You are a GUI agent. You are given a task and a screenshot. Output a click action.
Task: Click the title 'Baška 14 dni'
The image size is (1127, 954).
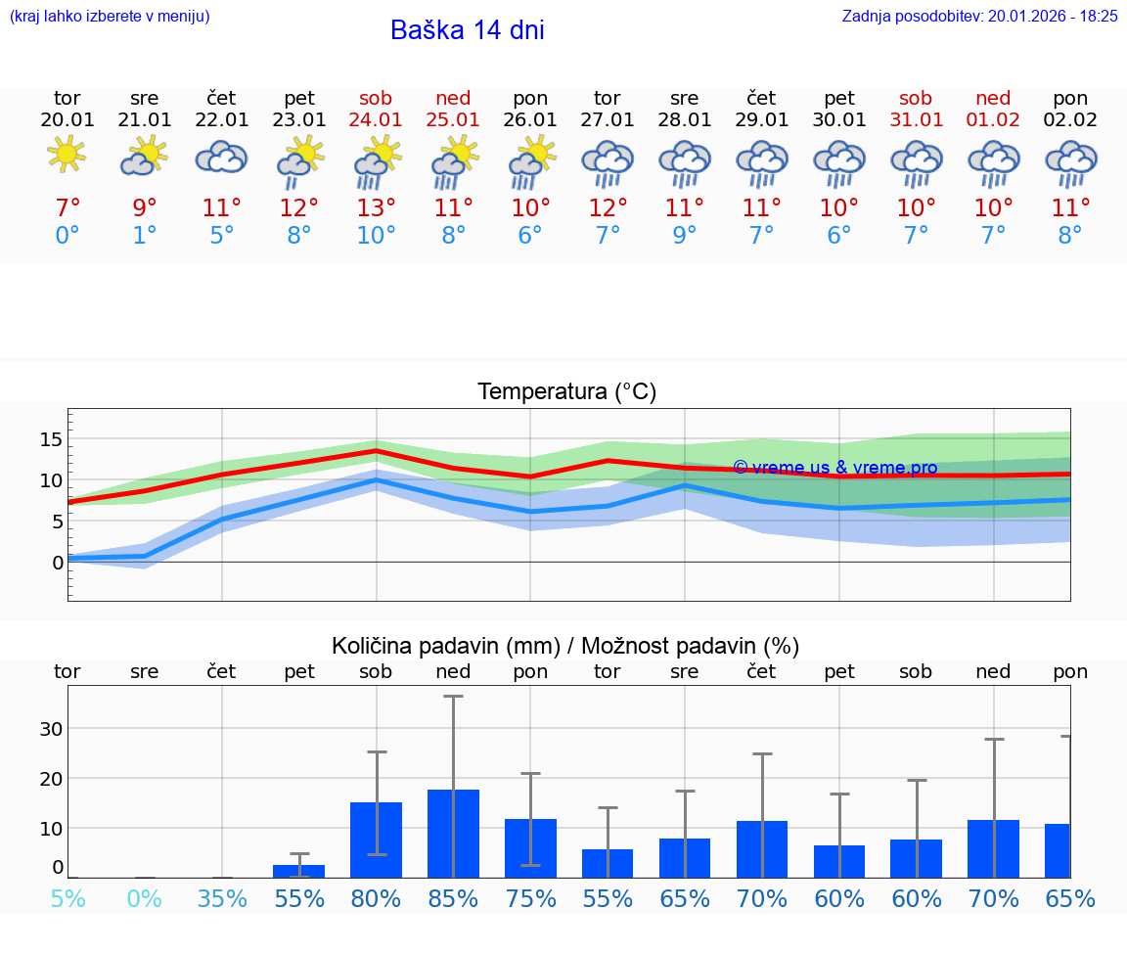coord(467,30)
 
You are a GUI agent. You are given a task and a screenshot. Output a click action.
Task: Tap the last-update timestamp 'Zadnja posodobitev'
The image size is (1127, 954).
coord(979,16)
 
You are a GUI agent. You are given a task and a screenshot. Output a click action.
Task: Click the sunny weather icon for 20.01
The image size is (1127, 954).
coord(67,155)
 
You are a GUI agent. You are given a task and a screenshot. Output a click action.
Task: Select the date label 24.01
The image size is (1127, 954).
coord(376,119)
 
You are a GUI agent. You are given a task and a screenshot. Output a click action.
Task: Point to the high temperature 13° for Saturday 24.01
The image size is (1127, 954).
coord(376,207)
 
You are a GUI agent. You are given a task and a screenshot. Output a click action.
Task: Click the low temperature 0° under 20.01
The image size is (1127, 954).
coord(67,235)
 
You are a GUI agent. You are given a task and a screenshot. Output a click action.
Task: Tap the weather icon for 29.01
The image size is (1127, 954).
coord(761,161)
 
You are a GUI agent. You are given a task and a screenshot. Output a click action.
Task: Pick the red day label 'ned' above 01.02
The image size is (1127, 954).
coord(993,98)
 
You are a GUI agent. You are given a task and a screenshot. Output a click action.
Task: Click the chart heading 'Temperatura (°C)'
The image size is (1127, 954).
coord(566,391)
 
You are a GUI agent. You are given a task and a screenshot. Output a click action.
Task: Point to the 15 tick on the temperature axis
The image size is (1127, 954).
coord(51,439)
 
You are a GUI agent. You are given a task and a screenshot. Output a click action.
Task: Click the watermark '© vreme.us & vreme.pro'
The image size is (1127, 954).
coord(834,468)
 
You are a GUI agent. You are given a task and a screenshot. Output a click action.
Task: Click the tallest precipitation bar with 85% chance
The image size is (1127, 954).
coord(453,833)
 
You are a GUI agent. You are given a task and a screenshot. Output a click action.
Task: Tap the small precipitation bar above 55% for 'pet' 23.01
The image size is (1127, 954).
coord(298,871)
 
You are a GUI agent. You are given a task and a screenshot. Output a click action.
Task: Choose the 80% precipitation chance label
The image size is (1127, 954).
coord(376,898)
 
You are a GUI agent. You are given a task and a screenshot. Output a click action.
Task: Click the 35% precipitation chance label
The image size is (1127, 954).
coord(222,898)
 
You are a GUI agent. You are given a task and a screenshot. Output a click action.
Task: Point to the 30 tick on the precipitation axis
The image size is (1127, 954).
coord(51,728)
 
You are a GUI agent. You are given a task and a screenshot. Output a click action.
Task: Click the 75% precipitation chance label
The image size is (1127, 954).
coord(530,898)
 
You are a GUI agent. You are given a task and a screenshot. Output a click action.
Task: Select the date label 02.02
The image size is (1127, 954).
coord(1070,119)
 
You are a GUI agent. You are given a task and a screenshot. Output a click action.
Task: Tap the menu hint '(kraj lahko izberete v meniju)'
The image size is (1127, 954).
coord(110,16)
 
